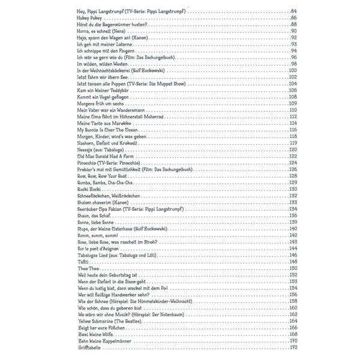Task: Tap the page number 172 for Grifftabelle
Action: click(x=293, y=347)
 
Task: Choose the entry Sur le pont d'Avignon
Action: click(x=102, y=248)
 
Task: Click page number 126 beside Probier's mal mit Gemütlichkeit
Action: click(x=293, y=169)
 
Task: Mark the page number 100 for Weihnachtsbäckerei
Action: click(x=293, y=71)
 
